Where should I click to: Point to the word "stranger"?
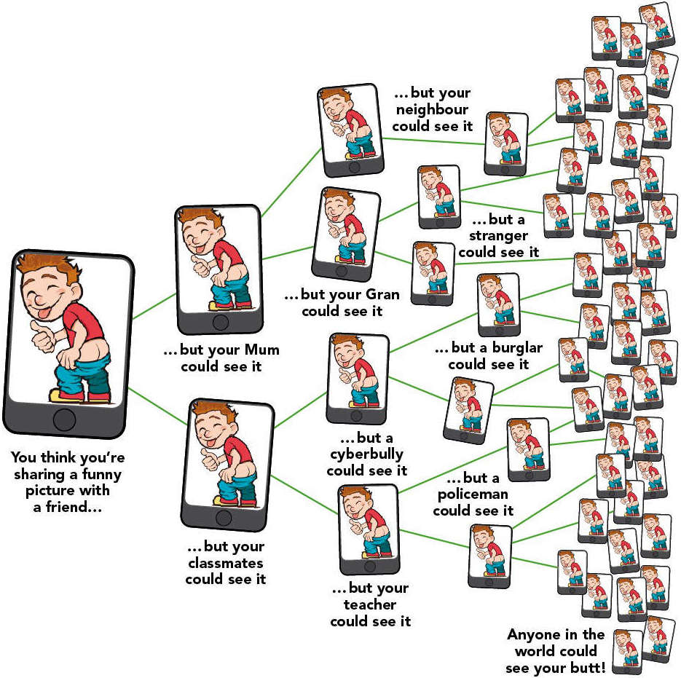pyautogui.click(x=499, y=236)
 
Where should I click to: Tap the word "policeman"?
pyautogui.click(x=473, y=494)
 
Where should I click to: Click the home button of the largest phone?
pyautogui.click(x=65, y=419)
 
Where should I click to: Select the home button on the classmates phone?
pyautogui.click(x=224, y=517)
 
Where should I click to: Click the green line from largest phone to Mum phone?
pyautogui.click(x=154, y=307)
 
